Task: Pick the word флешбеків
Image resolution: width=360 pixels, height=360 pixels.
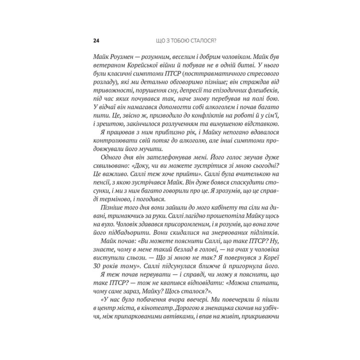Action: click(x=258, y=95)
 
